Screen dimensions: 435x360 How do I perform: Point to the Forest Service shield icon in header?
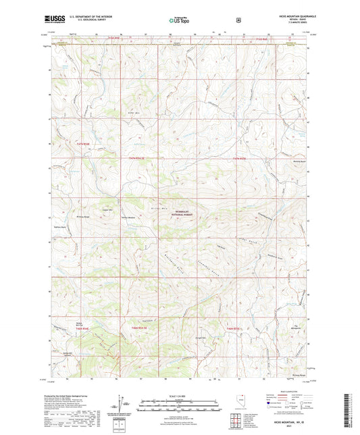(x=238, y=20)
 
